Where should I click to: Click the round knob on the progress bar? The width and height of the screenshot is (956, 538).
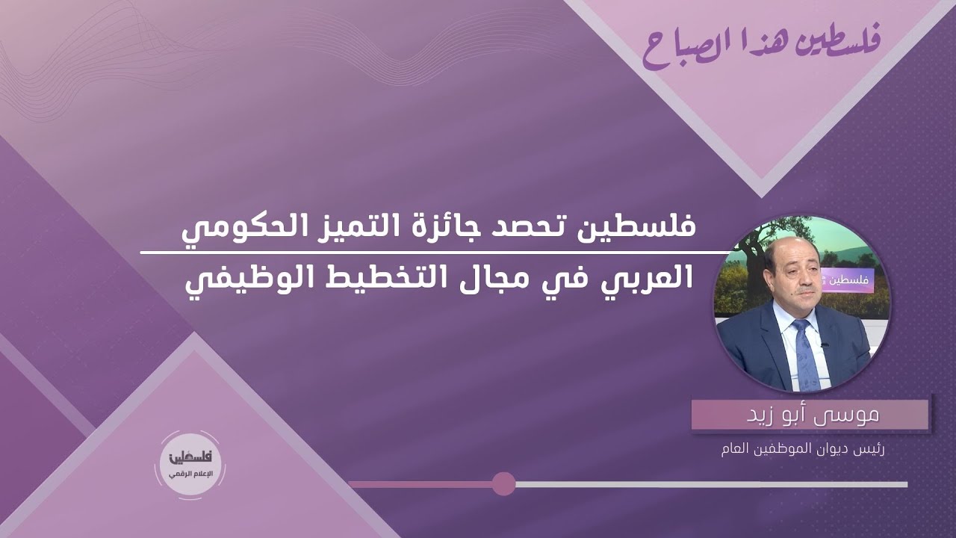[x=503, y=484]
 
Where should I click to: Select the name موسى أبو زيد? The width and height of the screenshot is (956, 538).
[x=813, y=415]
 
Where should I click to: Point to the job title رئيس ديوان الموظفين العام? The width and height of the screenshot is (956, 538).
[x=802, y=450]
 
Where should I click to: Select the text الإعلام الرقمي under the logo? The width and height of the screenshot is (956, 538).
[x=191, y=474]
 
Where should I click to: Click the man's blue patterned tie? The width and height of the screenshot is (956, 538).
[x=805, y=354]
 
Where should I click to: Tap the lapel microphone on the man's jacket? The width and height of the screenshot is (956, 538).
[x=824, y=344]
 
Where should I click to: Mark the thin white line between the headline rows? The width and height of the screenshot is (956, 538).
[x=435, y=253]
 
